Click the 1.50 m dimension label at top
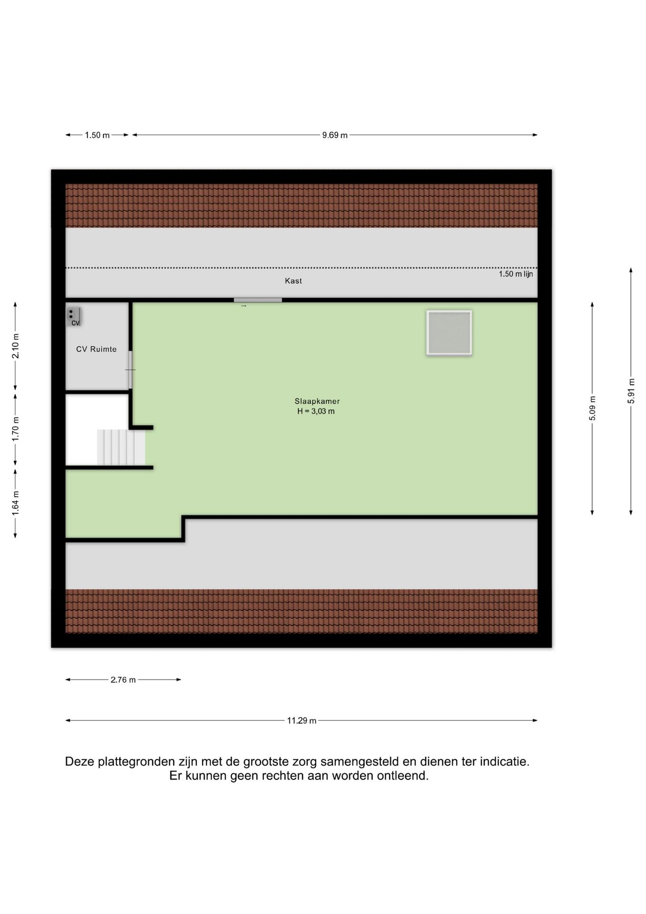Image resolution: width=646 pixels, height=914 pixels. (97, 135)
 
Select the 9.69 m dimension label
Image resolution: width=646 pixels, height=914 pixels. (335, 135)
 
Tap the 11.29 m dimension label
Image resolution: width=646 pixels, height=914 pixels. (302, 721)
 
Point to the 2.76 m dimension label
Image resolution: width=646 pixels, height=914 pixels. (123, 680)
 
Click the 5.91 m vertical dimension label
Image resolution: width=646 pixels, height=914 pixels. (631, 391)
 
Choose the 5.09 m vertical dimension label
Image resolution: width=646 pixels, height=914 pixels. (592, 408)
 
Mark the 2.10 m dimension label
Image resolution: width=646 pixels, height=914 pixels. (16, 346)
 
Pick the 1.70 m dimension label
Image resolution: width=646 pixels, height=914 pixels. (16, 428)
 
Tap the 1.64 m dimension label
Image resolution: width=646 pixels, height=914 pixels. (16, 503)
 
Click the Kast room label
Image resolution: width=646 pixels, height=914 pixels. (294, 281)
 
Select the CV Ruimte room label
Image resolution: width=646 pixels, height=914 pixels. (97, 349)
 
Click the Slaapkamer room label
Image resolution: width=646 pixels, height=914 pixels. (317, 401)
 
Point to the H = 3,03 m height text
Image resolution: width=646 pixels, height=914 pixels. (316, 411)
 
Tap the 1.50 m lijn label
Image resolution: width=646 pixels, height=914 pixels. (516, 274)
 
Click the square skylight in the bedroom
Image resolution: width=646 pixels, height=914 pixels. (449, 333)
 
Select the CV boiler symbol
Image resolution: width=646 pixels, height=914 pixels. (73, 317)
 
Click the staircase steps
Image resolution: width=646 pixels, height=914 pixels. (121, 447)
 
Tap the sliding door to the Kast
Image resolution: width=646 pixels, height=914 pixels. (258, 300)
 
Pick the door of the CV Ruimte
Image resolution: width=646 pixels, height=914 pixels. (130, 370)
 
